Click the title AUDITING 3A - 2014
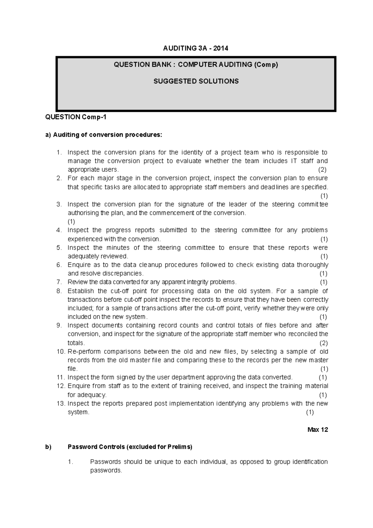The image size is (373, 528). [x=196, y=48]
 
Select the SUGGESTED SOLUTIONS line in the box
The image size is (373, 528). [x=196, y=81]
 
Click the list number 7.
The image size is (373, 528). [x=59, y=282]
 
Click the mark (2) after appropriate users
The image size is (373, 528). [x=322, y=170]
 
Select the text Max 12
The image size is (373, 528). [x=318, y=430]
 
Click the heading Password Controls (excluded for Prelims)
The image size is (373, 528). [x=130, y=447]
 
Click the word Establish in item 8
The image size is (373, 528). [x=81, y=291]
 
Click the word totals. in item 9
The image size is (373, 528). [x=76, y=343]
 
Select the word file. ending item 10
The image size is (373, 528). [x=72, y=369]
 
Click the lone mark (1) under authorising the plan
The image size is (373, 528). [x=71, y=222]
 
